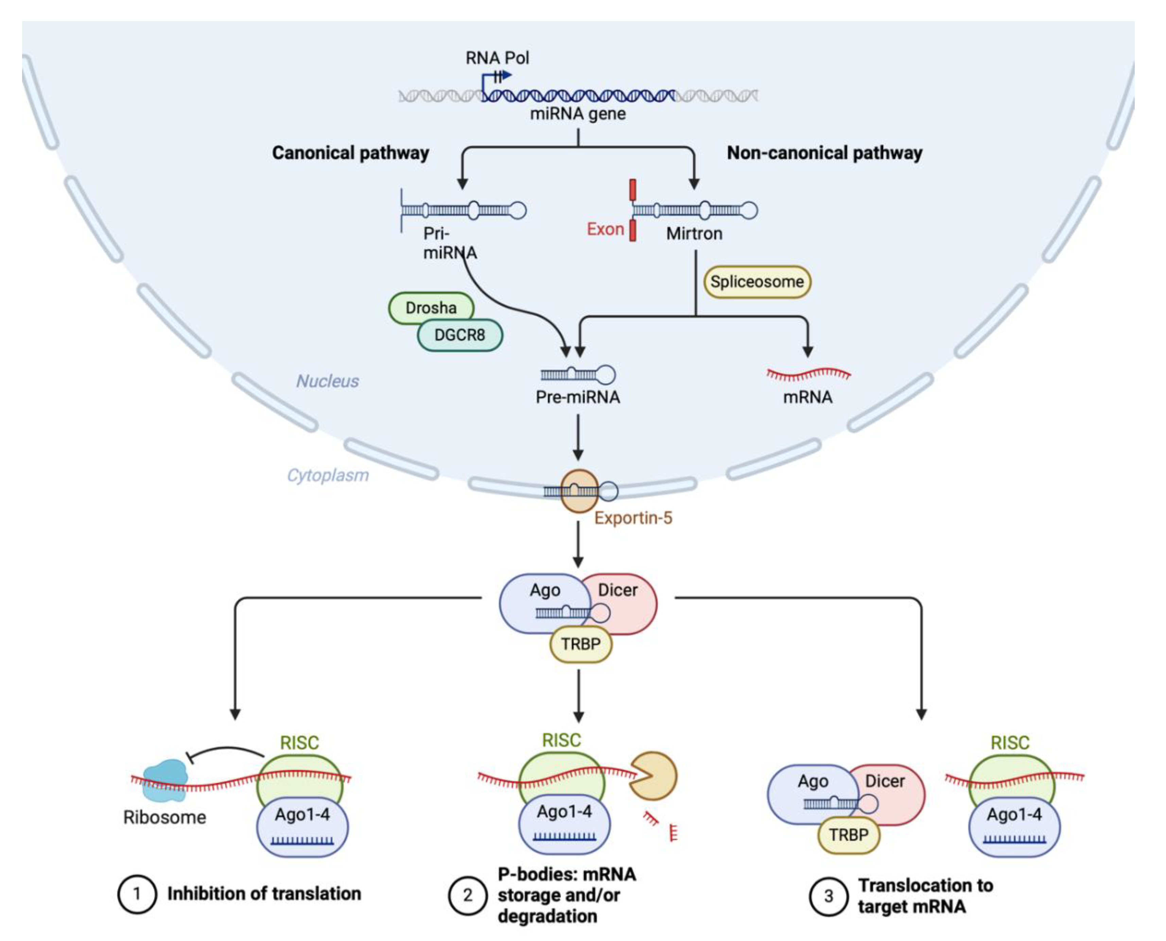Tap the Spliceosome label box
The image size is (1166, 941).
[757, 282]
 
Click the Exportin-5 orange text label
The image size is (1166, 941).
[633, 518]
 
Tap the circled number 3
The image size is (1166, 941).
[828, 896]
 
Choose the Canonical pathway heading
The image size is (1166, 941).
[351, 153]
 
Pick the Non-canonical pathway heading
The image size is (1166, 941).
[824, 153]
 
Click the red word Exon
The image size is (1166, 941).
[605, 229]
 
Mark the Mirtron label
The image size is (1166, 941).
[694, 234]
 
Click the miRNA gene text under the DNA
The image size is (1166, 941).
[578, 114]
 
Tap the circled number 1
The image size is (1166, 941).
[137, 894]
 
